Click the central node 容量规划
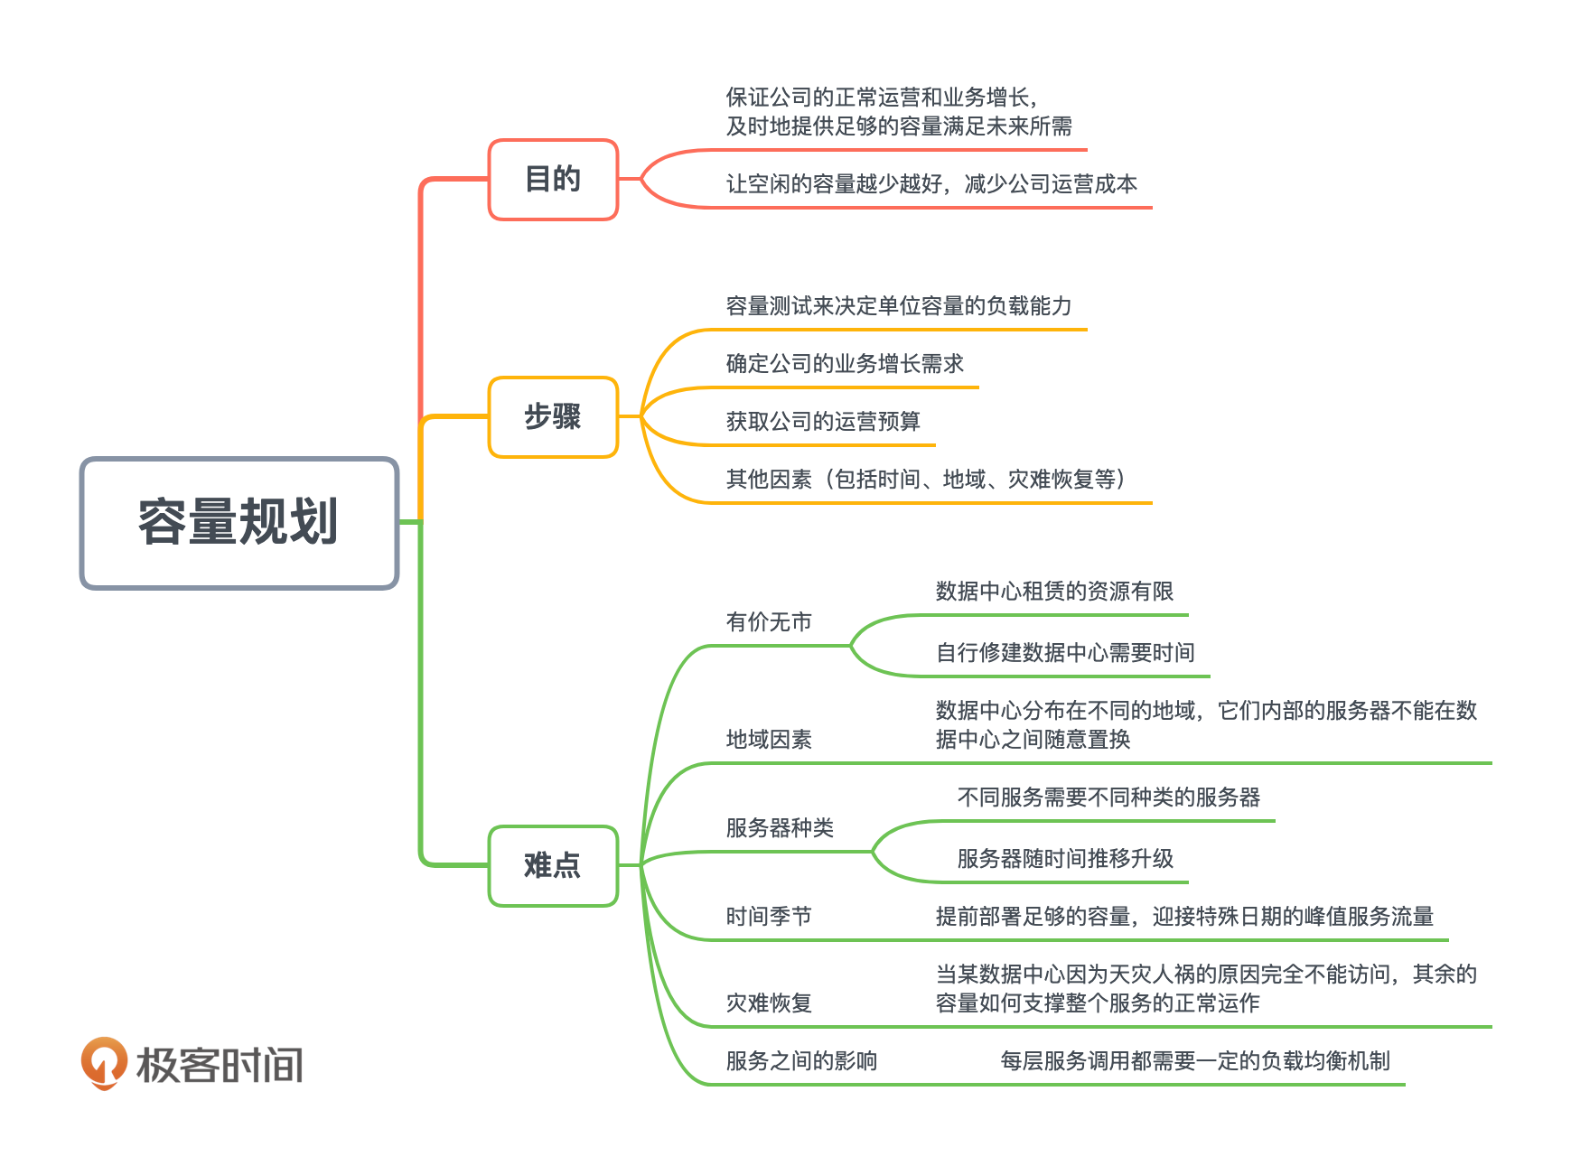[x=239, y=523]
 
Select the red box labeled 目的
[x=553, y=180]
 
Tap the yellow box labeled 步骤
[x=553, y=417]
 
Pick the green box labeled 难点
[x=553, y=866]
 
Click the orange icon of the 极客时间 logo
[x=104, y=1063]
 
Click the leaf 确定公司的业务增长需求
[x=845, y=364]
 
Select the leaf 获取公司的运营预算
[x=823, y=422]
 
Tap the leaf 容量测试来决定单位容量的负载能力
[x=899, y=306]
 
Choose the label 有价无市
[x=769, y=622]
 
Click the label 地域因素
[x=769, y=740]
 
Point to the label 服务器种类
[x=780, y=828]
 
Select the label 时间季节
[x=769, y=917]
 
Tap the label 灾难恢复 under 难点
[x=769, y=1003]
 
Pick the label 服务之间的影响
[x=801, y=1061]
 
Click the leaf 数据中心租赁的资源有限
[x=1054, y=592]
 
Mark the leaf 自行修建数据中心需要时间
[x=1065, y=653]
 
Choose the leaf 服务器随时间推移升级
[x=1065, y=859]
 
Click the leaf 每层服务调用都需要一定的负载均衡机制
[x=1195, y=1061]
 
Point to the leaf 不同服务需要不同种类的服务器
[x=1108, y=798]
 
